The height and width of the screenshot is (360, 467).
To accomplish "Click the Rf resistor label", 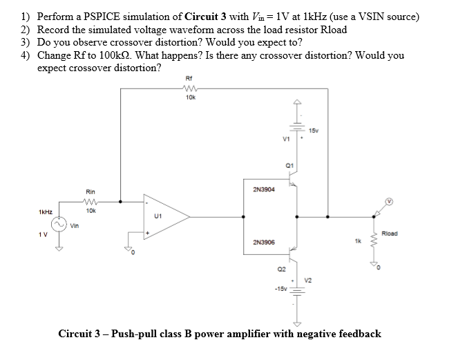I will (x=190, y=78).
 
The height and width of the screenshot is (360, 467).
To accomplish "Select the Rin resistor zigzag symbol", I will (x=90, y=202).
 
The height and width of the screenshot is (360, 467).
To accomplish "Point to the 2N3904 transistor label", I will (x=265, y=189).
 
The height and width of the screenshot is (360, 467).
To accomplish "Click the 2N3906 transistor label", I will (x=265, y=243).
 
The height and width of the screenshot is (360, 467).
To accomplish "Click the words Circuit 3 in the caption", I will (x=82, y=334).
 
